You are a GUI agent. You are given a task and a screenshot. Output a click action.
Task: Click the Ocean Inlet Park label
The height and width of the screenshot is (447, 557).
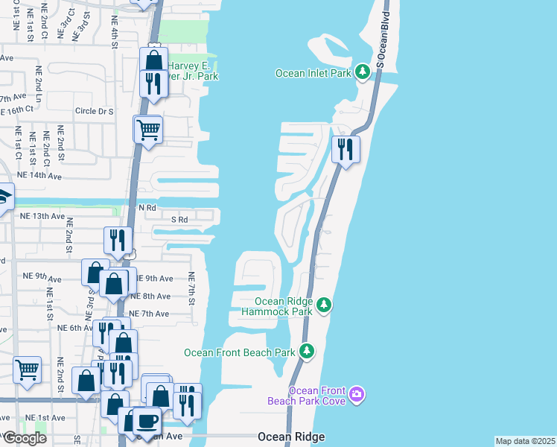click(313, 73)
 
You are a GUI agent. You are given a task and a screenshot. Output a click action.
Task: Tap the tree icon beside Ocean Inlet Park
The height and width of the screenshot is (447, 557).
click(363, 72)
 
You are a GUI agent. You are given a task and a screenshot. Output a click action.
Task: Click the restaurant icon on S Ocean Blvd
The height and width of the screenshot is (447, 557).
click(346, 149)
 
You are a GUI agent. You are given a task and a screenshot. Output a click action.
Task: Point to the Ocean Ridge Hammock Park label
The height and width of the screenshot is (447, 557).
click(276, 306)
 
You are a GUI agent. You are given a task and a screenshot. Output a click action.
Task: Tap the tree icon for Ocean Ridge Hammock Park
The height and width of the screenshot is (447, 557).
click(324, 305)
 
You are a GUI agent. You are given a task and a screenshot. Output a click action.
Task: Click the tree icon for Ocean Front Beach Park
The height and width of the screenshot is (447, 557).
click(307, 351)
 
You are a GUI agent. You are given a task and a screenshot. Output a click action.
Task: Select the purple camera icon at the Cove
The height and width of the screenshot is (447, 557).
click(357, 393)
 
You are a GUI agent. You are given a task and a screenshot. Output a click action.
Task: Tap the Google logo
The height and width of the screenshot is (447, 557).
click(24, 437)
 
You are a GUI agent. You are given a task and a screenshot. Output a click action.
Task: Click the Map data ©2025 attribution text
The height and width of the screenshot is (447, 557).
click(525, 441)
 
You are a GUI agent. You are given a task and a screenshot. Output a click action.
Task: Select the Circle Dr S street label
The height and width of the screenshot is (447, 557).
click(94, 111)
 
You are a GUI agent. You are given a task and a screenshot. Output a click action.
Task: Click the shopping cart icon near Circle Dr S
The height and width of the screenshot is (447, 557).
click(148, 130)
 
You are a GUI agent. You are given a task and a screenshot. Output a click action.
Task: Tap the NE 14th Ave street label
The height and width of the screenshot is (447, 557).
click(39, 176)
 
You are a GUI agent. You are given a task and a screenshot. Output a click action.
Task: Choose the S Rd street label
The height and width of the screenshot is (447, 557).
click(179, 221)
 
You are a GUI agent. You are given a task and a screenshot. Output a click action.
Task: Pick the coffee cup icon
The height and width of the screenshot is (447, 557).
click(146, 421)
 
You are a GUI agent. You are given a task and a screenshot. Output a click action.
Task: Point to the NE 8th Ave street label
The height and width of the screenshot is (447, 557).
click(150, 296)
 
